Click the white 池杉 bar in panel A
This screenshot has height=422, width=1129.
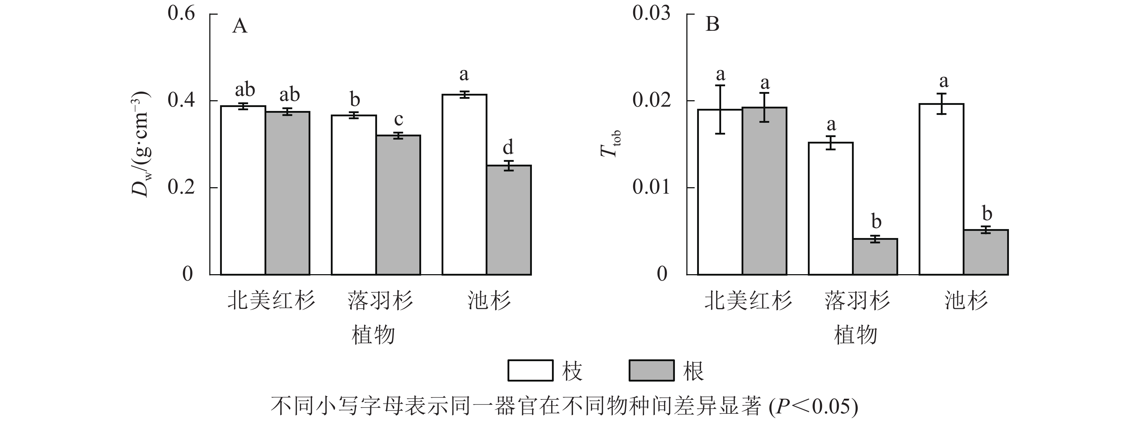point(464,185)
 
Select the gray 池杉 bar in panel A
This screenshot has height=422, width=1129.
point(509,220)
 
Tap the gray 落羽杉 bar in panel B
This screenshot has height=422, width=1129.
point(875,257)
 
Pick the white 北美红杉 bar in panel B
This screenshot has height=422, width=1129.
point(720,192)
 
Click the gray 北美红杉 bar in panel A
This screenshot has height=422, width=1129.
point(287,194)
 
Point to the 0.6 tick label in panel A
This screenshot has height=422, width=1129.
point(181,14)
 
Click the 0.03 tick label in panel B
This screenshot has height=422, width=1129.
point(651,14)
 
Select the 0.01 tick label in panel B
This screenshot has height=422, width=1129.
point(651,187)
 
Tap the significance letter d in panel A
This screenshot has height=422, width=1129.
point(508,147)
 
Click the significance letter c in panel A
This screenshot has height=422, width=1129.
point(399,119)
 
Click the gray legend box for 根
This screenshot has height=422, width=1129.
point(651,370)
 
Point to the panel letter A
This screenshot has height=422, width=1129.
point(239,26)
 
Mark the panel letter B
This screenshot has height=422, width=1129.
point(712,24)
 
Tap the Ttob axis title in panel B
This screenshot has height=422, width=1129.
point(610,144)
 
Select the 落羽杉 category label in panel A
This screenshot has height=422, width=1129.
point(380,301)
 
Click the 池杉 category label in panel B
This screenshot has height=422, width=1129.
point(966,301)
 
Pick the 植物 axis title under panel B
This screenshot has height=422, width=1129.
point(855,335)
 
